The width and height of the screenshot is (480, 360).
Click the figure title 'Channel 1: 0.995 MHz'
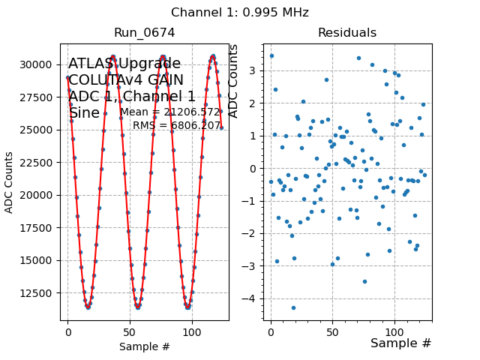(x=240, y=13)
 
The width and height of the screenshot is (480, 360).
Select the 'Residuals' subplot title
(x=346, y=32)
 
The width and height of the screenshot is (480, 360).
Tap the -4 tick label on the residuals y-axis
(x=253, y=298)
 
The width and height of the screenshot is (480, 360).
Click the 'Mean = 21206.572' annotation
(x=170, y=112)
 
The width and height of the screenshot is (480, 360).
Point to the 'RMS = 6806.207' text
(x=177, y=125)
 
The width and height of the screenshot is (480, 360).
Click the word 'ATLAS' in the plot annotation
(x=91, y=64)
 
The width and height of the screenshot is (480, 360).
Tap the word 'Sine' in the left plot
(x=84, y=113)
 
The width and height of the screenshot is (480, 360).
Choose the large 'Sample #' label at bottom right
(x=401, y=343)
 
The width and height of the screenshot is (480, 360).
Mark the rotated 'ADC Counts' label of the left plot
(x=10, y=182)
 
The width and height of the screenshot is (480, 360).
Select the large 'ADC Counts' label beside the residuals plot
(x=233, y=81)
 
